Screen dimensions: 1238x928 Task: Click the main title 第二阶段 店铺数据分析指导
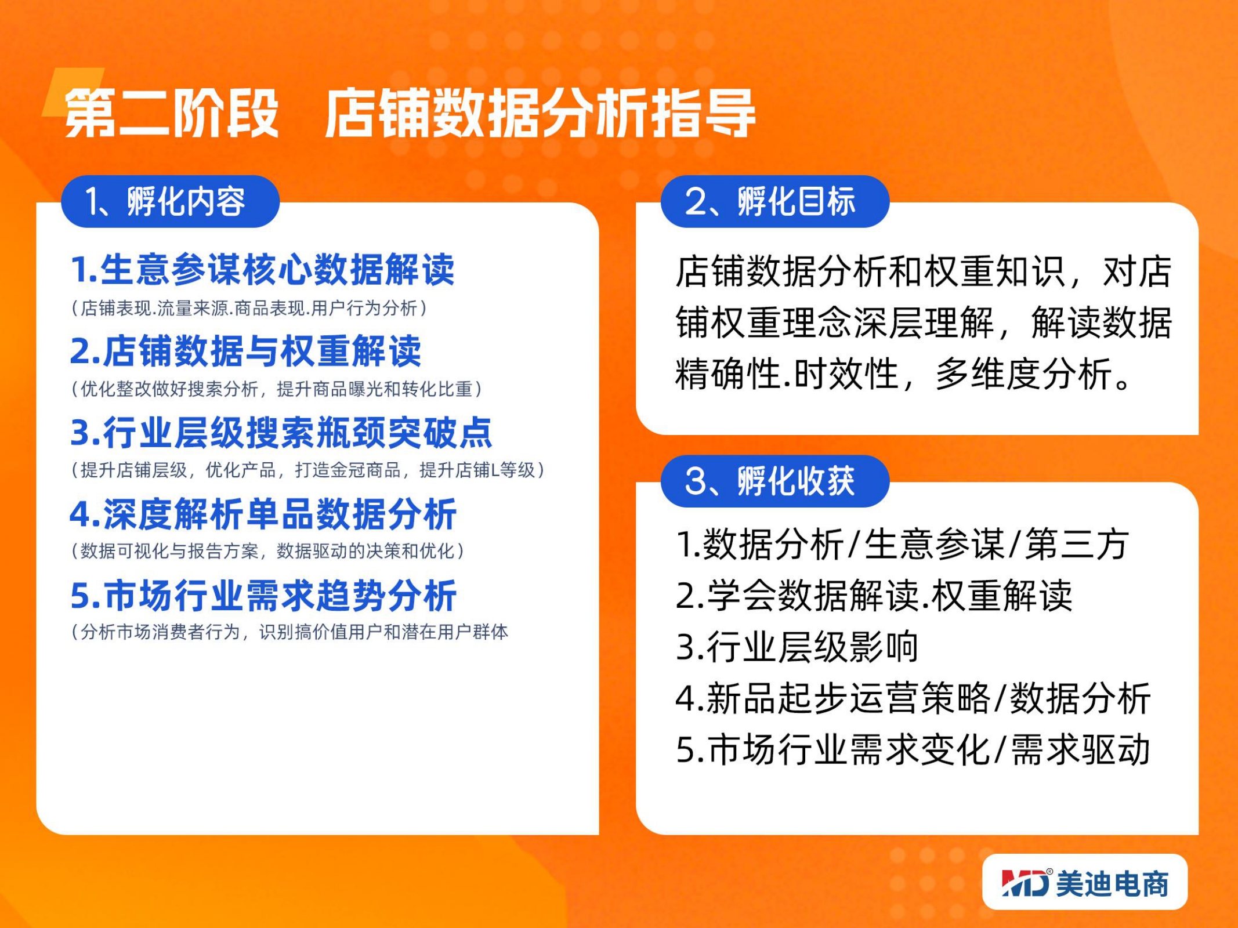(410, 113)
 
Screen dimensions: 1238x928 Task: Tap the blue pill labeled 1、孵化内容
(171, 201)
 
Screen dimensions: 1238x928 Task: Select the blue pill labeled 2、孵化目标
(775, 201)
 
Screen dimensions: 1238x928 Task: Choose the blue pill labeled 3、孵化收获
(775, 481)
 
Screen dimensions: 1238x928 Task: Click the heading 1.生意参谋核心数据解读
(262, 270)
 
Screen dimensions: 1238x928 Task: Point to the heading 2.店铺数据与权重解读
(245, 351)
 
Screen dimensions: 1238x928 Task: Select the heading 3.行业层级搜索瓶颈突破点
(281, 433)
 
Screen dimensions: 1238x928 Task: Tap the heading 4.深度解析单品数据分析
(263, 514)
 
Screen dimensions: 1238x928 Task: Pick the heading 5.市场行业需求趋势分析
(263, 595)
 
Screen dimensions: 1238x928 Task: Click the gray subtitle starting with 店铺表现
(249, 308)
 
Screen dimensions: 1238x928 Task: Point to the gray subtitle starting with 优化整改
(277, 389)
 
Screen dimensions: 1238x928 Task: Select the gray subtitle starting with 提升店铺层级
(308, 470)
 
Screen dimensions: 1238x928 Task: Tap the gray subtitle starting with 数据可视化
(268, 550)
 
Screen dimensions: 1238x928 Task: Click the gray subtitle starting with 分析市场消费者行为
(289, 632)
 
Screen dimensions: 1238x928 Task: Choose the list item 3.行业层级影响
(797, 647)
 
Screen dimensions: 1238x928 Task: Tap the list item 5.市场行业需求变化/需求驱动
(913, 749)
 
